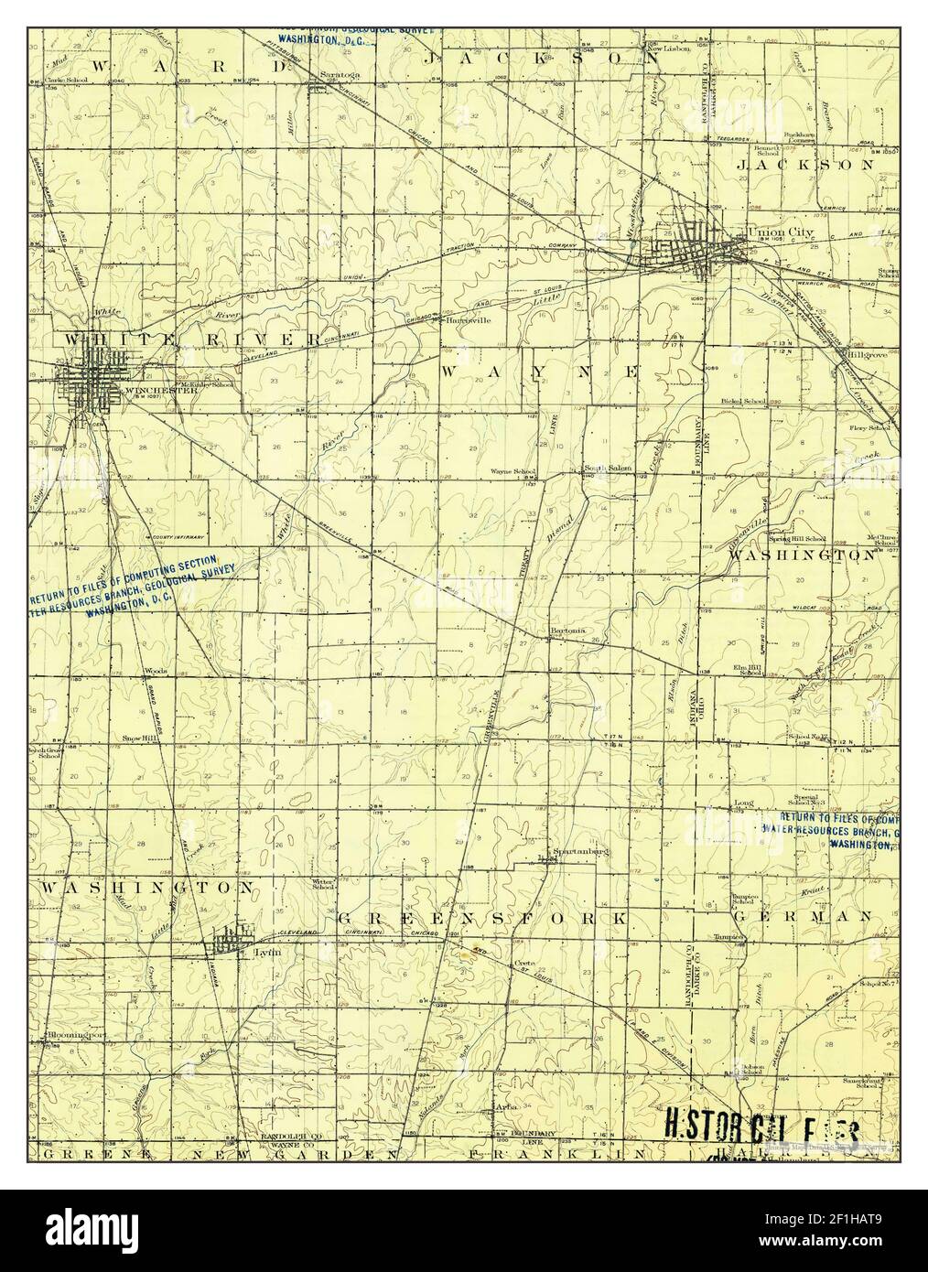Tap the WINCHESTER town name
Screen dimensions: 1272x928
[x=150, y=391]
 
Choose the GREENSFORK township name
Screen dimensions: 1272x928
[x=482, y=917]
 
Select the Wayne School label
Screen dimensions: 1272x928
[x=513, y=472]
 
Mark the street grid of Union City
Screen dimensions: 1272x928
[x=696, y=247]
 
